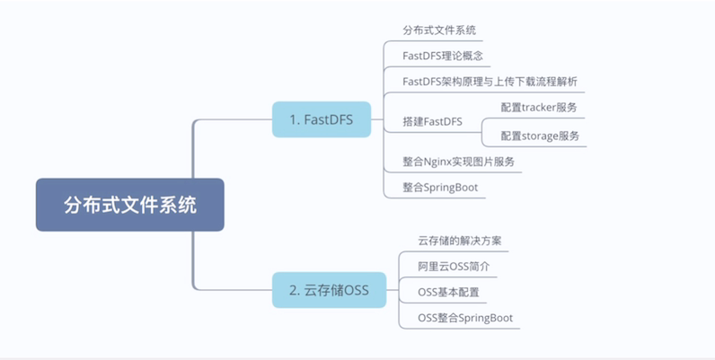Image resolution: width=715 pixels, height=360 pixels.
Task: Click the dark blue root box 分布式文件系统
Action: (129, 205)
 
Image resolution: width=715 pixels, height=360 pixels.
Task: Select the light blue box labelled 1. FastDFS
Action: (322, 119)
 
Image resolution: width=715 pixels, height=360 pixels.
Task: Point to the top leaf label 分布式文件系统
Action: (438, 30)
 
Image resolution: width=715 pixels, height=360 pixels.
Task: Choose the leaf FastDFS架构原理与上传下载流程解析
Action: (490, 82)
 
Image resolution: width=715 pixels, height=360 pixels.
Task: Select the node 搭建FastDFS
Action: (433, 121)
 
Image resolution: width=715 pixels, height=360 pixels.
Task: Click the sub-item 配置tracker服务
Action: (538, 108)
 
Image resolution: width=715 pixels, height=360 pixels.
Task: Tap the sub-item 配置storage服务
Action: (540, 136)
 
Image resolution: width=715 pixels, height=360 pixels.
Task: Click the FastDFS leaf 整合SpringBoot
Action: (440, 188)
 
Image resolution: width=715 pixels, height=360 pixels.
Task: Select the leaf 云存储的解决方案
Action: (459, 241)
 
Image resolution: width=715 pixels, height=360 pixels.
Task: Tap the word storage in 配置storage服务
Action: (543, 136)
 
